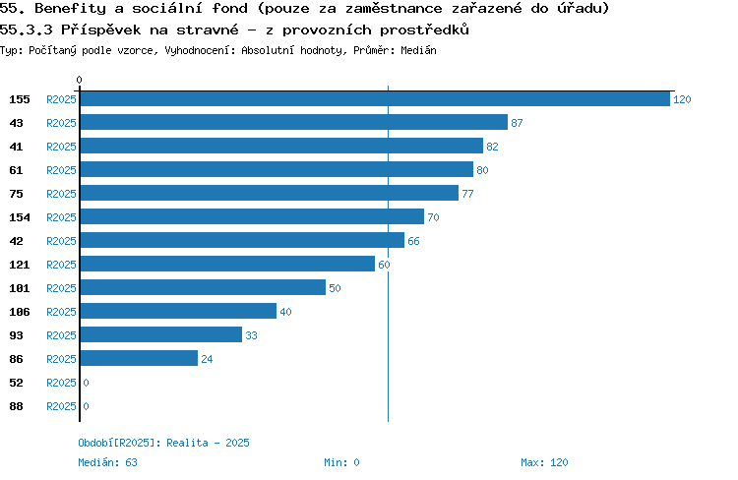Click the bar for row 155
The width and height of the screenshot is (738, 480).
click(375, 98)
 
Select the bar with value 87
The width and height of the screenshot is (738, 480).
click(294, 122)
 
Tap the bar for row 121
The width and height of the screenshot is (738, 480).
click(228, 264)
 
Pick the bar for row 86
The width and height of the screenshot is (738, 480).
click(140, 359)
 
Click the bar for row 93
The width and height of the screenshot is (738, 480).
click(161, 335)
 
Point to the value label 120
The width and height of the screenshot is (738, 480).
click(682, 99)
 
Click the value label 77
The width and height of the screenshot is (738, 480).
click(467, 194)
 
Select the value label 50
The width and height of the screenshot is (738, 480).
click(335, 288)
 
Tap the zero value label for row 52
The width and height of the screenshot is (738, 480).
click(86, 383)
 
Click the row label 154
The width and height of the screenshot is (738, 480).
click(20, 217)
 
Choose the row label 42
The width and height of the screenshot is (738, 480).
click(17, 241)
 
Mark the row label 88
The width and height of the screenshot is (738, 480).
click(17, 406)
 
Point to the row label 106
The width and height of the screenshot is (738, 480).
click(20, 312)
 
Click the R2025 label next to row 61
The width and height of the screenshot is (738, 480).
click(61, 170)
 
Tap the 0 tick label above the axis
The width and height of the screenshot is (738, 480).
click(79, 80)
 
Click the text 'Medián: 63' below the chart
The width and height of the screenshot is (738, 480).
click(108, 462)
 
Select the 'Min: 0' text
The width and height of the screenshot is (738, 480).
click(341, 462)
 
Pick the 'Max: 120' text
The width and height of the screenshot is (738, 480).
click(544, 462)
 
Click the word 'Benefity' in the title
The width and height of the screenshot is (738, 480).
click(71, 9)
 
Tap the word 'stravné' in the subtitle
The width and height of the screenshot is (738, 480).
click(208, 30)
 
